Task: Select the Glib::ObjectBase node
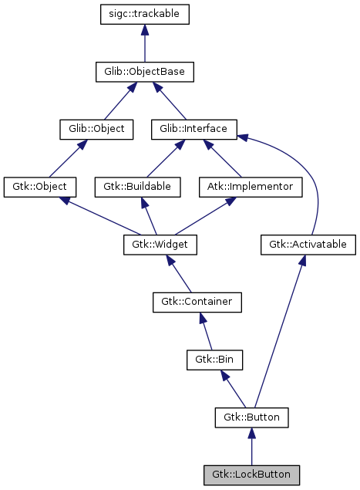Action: tap(145, 73)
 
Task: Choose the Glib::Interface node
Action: tap(193, 129)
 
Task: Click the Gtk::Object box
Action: tap(39, 187)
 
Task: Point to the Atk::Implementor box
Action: tap(251, 187)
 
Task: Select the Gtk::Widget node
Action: tap(160, 245)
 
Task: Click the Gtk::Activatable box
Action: tap(308, 245)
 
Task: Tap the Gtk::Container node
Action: tap(197, 302)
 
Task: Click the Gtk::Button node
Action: tap(251, 417)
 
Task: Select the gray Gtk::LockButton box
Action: tap(251, 475)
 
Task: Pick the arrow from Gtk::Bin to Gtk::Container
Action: tap(207, 331)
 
